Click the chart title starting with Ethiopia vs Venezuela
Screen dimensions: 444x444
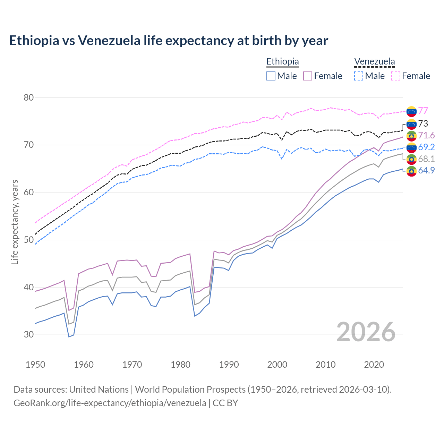tap(169, 41)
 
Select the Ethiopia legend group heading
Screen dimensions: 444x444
tap(282, 61)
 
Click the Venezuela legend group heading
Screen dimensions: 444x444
tap(374, 61)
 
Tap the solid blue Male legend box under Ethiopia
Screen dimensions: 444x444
tap(271, 76)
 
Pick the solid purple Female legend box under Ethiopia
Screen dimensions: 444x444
tap(308, 76)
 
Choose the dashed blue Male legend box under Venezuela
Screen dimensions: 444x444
tap(359, 76)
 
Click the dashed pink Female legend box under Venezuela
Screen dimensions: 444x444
tap(396, 76)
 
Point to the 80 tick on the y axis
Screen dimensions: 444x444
tap(29, 97)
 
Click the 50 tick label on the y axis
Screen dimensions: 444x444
tap(29, 240)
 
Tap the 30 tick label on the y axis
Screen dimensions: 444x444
tap(29, 335)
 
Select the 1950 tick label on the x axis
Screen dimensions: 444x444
tap(35, 365)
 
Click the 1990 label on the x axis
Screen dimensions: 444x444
tap(229, 365)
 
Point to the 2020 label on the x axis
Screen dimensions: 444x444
tap(374, 365)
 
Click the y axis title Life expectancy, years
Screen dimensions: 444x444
tap(15, 222)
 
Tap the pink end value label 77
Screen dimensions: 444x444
tap(423, 111)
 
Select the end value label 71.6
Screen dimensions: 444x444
tap(426, 135)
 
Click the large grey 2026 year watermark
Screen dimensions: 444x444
tap(366, 332)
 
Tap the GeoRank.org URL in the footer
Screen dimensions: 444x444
tap(110, 403)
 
